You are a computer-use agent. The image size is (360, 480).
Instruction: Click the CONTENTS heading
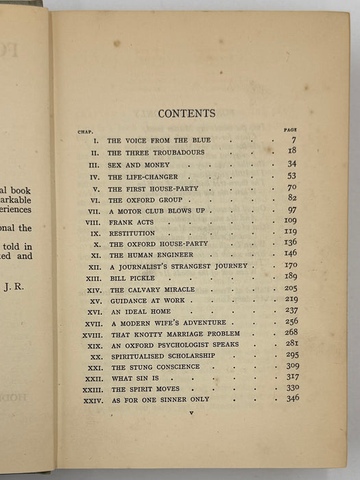(x=187, y=113)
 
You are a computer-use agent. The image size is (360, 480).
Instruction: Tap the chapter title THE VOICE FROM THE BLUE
(x=149, y=141)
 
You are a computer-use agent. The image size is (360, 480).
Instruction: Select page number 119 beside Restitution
(x=290, y=232)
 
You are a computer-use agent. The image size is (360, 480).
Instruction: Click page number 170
(x=290, y=265)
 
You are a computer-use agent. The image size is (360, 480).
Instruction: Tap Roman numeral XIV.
(x=94, y=290)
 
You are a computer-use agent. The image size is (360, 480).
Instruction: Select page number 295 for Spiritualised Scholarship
(x=290, y=355)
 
